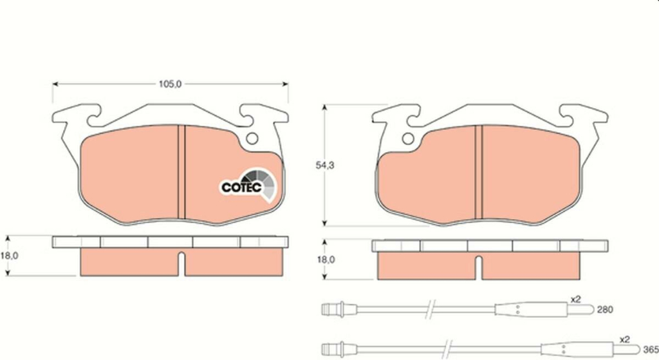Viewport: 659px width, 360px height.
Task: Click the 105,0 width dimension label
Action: pos(170,84)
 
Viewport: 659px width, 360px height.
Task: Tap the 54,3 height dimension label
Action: pos(325,166)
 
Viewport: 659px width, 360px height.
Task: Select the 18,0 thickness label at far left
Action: pos(9,256)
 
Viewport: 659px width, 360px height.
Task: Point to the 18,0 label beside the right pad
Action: pos(326,260)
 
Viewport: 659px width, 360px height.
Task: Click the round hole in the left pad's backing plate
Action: pos(252,138)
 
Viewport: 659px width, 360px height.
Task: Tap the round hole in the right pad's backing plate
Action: pos(408,138)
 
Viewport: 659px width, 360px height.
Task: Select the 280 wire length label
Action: pos(605,310)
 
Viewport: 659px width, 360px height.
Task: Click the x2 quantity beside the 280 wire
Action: pos(575,299)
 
